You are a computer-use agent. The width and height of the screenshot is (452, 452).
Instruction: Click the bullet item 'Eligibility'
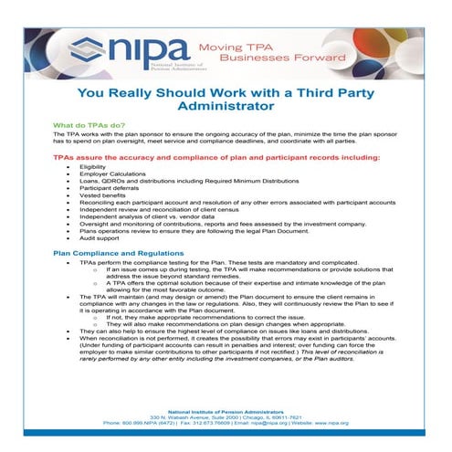93,168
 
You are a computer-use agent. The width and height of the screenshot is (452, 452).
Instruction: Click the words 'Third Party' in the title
325,91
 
